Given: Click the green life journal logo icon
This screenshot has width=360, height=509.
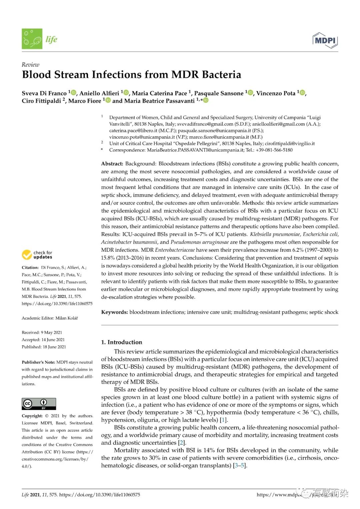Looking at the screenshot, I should (32, 39).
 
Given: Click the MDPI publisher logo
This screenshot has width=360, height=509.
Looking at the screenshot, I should (325, 40).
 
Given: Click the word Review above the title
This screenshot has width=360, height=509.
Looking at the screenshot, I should (30, 65).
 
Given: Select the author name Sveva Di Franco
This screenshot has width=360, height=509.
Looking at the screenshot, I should (44, 93).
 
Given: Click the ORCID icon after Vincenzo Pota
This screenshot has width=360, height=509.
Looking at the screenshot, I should (302, 93).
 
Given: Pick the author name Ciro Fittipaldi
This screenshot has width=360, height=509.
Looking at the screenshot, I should (42, 101).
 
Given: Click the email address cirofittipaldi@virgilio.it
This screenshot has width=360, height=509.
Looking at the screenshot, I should (290, 144).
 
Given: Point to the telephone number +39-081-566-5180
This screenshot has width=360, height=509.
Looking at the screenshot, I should (274, 150).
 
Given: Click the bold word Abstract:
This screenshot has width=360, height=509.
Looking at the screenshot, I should (112, 164).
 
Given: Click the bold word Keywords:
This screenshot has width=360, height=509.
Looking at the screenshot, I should (114, 312).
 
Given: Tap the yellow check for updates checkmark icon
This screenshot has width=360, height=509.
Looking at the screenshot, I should (27, 255).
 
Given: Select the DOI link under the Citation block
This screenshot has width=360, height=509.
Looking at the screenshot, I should (57, 304).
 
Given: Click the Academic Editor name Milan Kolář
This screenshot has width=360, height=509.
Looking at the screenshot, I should (66, 318).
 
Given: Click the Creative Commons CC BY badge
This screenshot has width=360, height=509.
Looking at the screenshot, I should (39, 404).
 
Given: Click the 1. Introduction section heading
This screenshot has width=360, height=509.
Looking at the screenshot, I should (121, 342).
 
